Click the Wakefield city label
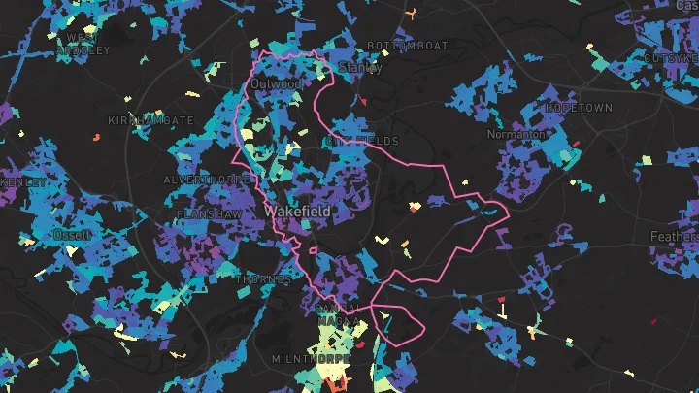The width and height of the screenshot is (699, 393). pos(296,211)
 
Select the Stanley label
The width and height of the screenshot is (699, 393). pos(359,68)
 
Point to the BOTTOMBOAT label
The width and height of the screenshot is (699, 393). pos(408,46)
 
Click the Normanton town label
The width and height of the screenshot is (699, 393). pos(516,133)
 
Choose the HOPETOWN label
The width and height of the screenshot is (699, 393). pos(580,108)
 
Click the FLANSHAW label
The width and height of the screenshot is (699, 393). pos(209,213)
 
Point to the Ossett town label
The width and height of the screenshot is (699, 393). pos(74,235)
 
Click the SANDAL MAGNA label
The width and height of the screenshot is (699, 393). pos(338,314)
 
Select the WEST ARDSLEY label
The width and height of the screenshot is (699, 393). pos(83,44)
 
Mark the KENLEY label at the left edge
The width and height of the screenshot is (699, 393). pos(21,181)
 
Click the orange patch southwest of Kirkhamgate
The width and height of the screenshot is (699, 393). pos(96,138)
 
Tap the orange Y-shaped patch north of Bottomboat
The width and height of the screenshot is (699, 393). pos(412,13)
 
